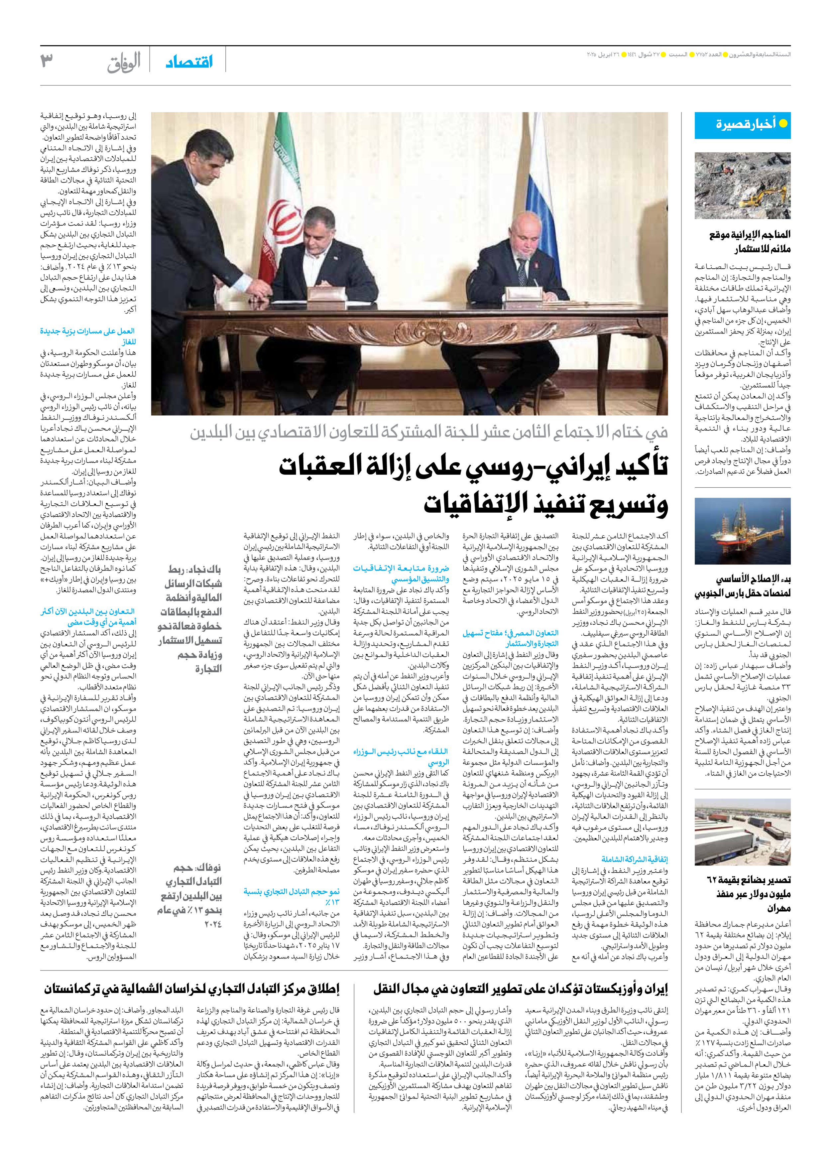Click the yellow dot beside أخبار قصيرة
point(783,124)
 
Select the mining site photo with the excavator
point(743,185)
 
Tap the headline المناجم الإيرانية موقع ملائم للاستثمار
point(750,241)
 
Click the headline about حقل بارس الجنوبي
point(743,586)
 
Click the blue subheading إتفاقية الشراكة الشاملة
point(634,859)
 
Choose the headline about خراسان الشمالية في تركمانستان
point(191,989)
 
